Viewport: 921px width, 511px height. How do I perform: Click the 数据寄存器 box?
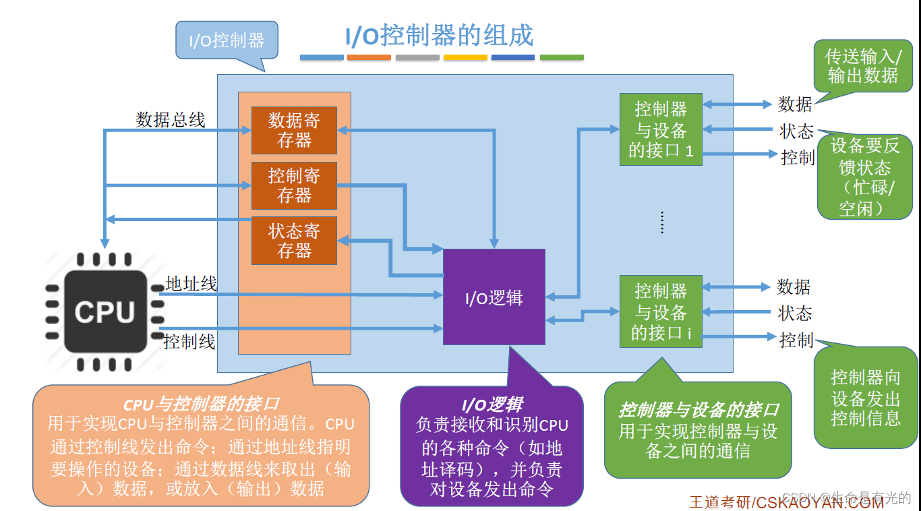point(294,130)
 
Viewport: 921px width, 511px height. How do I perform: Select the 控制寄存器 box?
point(294,185)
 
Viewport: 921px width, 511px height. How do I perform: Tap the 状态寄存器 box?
point(294,241)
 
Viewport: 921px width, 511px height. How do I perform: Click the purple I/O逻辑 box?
point(494,297)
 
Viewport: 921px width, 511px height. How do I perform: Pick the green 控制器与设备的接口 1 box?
point(661,129)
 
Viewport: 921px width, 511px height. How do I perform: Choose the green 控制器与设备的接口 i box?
point(661,311)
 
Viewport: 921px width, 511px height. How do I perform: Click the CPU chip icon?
point(106,311)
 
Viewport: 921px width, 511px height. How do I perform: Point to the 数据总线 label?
point(171,120)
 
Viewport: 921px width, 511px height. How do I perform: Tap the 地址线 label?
point(191,284)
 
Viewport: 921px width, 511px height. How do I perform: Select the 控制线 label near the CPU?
point(189,341)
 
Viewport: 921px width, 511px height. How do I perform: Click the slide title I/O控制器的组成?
point(439,36)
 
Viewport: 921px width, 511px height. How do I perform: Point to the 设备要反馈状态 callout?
point(864,177)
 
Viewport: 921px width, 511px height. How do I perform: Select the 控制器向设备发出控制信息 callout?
point(865,397)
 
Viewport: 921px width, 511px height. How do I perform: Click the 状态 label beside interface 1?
point(796,131)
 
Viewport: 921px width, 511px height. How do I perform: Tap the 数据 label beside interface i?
point(793,287)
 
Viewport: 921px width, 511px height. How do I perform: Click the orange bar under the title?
point(369,58)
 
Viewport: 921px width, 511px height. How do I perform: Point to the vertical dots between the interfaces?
point(662,222)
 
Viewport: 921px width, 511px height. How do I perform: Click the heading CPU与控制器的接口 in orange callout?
point(201,404)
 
